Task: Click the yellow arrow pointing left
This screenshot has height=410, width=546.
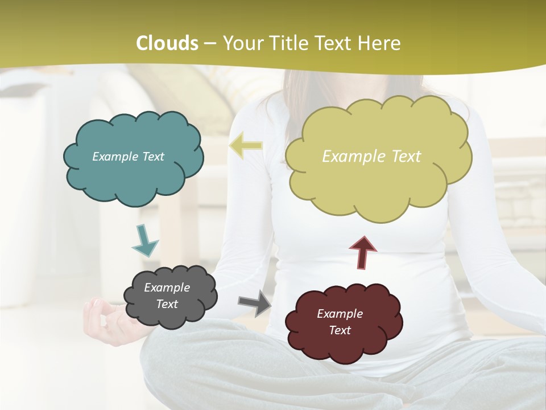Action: click(246, 146)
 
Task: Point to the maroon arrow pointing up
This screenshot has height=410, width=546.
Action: click(363, 252)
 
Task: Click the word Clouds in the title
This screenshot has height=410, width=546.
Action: click(167, 43)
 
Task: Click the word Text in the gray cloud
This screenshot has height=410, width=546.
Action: click(167, 304)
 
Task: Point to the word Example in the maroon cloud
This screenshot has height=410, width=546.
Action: click(340, 314)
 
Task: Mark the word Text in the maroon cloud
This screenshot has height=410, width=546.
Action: click(340, 330)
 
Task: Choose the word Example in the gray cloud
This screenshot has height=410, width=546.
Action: click(167, 288)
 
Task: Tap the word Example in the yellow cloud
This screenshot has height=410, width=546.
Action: click(354, 157)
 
